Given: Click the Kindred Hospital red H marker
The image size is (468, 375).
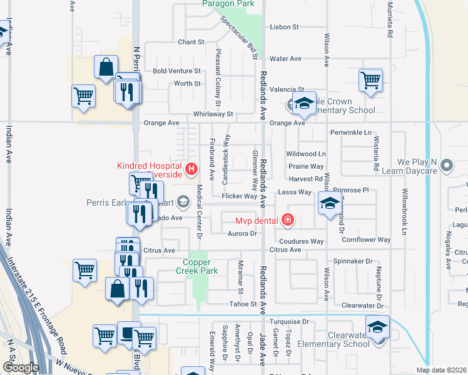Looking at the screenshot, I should click(191, 168).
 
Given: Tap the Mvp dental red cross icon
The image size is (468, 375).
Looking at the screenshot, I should click(287, 220).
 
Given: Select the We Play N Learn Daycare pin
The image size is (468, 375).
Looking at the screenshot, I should click(446, 166).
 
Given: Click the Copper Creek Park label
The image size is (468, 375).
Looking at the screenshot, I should click(201, 267).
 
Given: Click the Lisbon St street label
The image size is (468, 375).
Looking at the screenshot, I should click(285, 27).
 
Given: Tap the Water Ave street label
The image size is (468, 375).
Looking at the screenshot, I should click(285, 59).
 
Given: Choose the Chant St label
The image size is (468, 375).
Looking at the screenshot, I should click(191, 42).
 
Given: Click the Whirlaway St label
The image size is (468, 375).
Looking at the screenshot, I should click(213, 114).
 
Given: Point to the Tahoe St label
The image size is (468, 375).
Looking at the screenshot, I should click(245, 304).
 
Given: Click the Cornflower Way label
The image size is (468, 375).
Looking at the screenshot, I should click(366, 239).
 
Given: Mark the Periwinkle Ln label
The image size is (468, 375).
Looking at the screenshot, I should click(350, 133).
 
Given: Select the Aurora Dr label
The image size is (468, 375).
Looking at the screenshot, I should click(245, 233).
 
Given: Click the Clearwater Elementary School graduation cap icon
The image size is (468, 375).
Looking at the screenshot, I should click(378, 327).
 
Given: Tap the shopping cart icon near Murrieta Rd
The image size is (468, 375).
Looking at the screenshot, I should click(370, 79).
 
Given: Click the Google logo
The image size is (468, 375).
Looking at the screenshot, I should click(21, 367).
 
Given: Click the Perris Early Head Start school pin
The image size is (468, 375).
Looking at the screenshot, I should click(183, 201).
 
